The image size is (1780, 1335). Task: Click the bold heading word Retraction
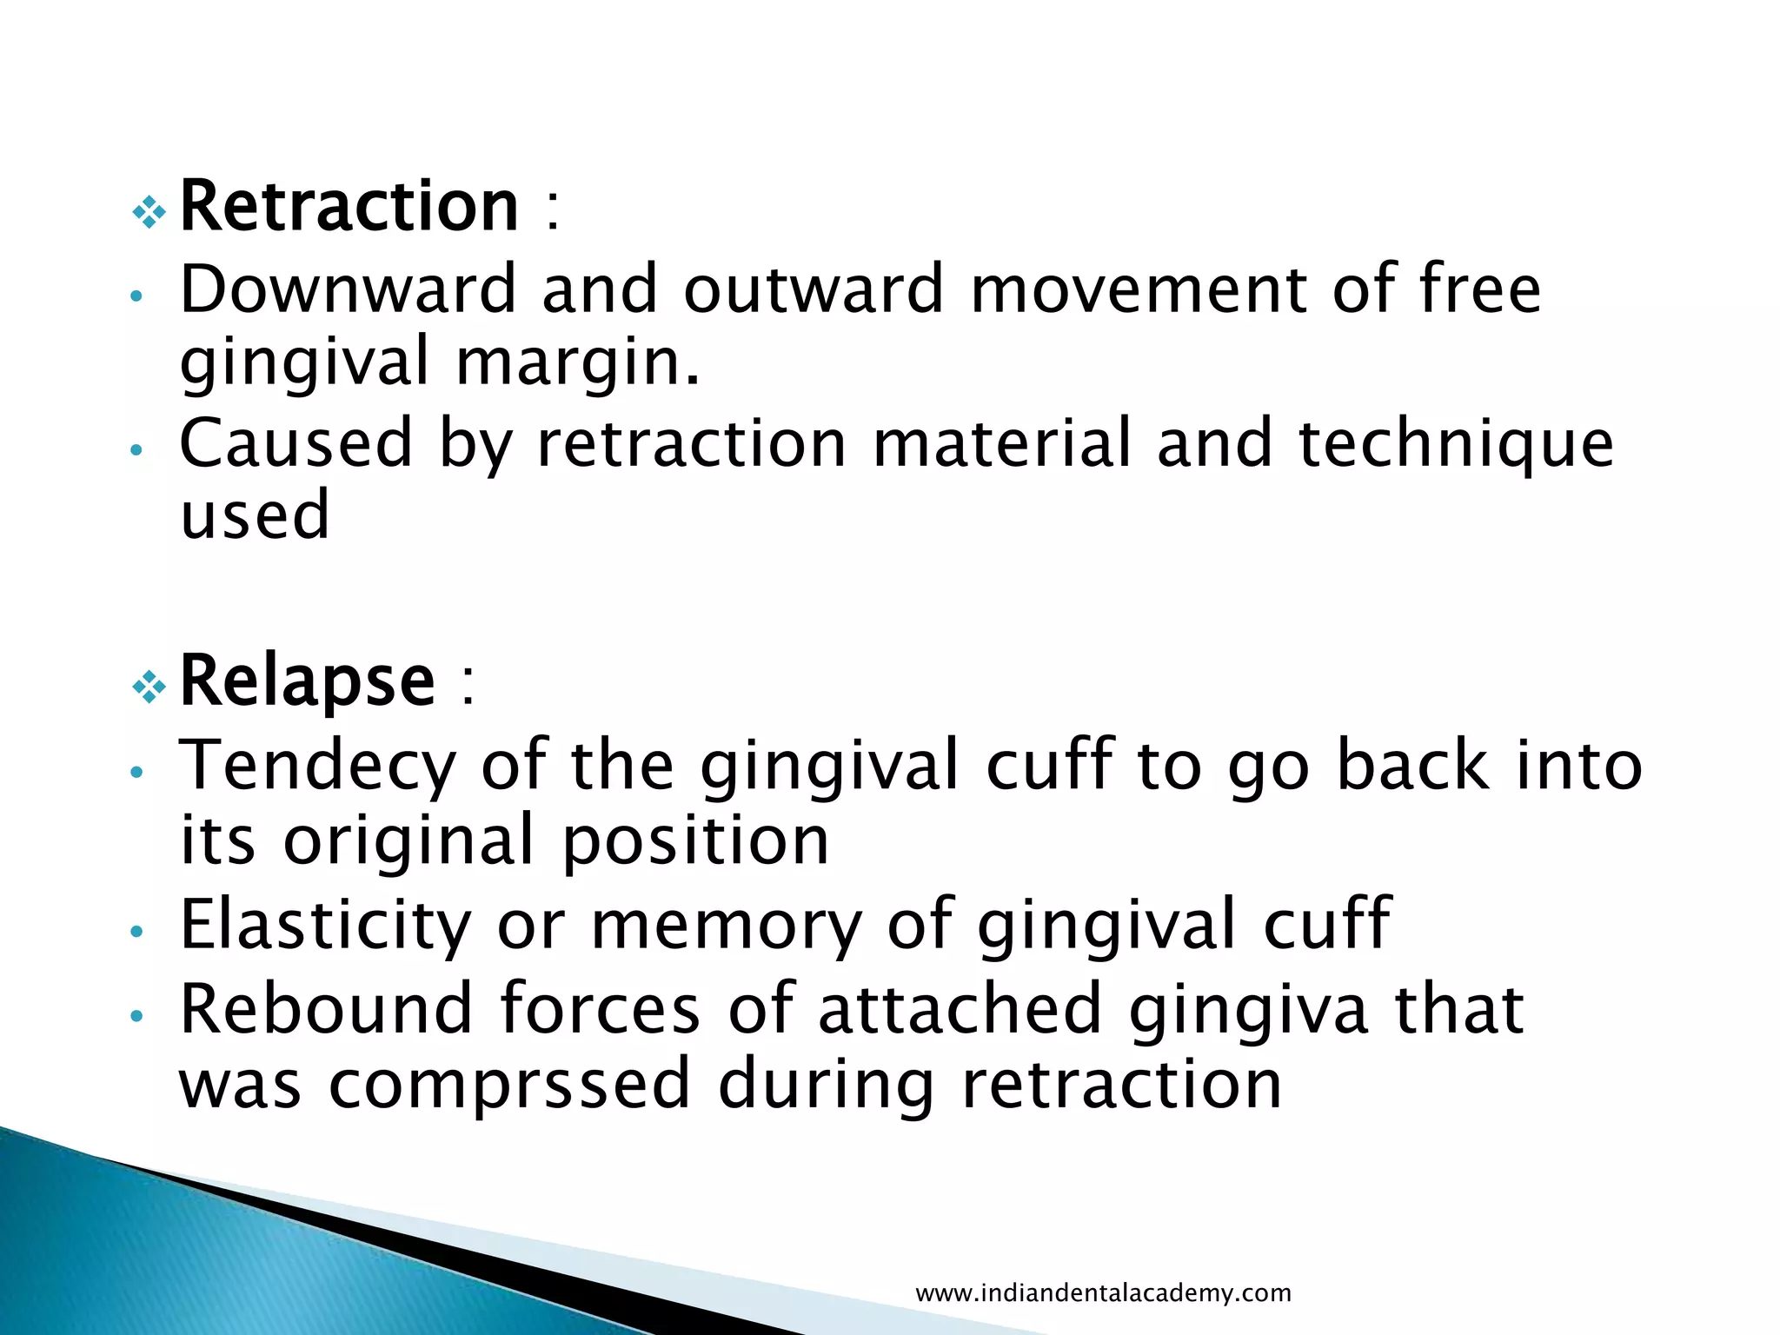coord(349,207)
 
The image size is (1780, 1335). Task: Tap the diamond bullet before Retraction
coord(149,211)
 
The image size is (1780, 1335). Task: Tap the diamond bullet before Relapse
coord(149,687)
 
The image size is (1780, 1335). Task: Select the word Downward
coord(348,289)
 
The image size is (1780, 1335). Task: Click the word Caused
coord(296,443)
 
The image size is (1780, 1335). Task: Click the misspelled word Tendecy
coord(317,766)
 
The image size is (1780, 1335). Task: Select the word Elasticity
coord(325,925)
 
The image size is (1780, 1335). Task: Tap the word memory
coord(727,927)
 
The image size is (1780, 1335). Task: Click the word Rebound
coord(325,1009)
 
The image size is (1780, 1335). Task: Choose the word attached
coord(960,1009)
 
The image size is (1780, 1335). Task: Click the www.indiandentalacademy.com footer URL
coord(1103,1292)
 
